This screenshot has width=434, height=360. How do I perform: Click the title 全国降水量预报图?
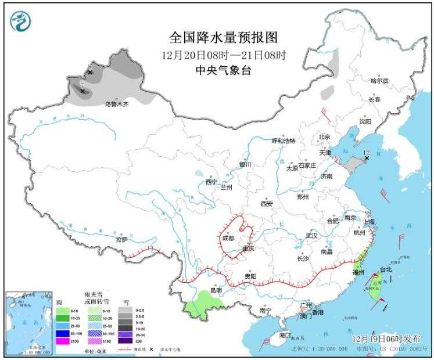224,38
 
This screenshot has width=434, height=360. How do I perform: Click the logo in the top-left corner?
21,21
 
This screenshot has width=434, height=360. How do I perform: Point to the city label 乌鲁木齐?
116,105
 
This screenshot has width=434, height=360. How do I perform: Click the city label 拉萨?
121,239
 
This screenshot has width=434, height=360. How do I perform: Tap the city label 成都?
227,238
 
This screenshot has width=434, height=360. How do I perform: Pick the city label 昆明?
216,290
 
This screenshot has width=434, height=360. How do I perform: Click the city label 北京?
324,137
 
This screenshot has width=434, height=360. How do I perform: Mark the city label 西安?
267,204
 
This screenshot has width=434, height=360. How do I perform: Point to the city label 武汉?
311,236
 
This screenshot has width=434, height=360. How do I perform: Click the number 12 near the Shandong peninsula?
367,152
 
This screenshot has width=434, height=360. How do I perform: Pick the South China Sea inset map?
28,322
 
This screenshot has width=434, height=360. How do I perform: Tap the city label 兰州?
226,188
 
